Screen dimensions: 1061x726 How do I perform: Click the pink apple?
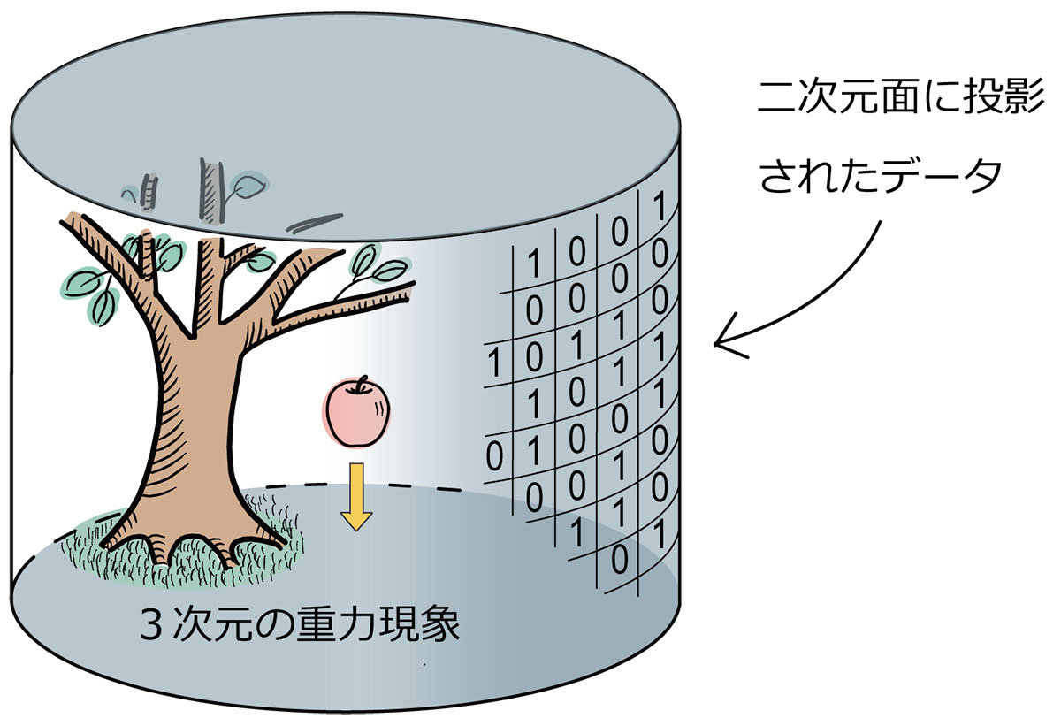click(356, 414)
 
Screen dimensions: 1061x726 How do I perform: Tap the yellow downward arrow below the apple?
click(356, 497)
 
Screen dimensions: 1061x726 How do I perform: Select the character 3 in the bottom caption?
click(151, 624)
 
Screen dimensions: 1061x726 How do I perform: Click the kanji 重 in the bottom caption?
click(315, 623)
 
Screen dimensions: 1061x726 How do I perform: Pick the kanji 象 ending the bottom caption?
click(440, 623)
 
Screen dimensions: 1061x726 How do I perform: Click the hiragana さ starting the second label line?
click(777, 175)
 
